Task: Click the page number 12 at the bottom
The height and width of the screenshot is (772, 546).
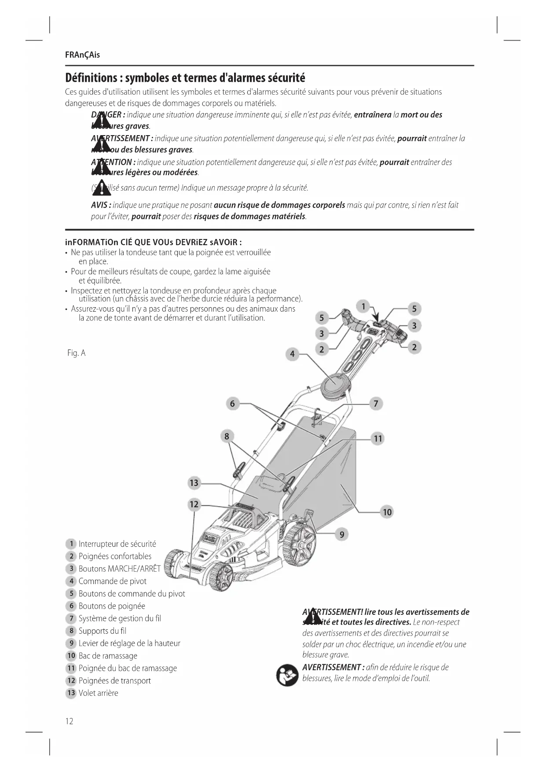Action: [x=69, y=721]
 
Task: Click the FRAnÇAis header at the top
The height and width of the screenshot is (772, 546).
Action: [x=82, y=55]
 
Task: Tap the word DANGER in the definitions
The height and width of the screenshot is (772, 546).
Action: [x=106, y=115]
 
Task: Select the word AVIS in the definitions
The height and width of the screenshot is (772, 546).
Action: [x=100, y=205]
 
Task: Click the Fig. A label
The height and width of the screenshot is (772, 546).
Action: [x=76, y=353]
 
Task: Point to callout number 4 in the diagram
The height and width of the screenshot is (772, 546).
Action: [x=292, y=354]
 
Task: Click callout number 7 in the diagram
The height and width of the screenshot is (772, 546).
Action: [x=376, y=404]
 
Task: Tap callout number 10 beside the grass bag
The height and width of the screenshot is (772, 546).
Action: [x=387, y=512]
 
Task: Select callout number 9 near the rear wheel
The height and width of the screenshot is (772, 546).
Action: [x=341, y=534]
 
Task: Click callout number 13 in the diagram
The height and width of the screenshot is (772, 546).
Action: [x=194, y=483]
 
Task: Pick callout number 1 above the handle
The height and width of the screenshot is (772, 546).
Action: [x=363, y=306]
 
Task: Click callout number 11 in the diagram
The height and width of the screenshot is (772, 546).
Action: [x=378, y=438]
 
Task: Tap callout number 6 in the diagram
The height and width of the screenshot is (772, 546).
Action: [x=232, y=404]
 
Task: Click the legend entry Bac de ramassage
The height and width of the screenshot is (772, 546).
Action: [x=108, y=656]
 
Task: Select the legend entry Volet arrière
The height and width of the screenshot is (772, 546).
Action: [x=98, y=693]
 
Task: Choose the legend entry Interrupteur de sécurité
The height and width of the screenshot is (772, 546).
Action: [x=117, y=544]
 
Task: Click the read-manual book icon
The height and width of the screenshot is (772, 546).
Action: [x=287, y=675]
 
